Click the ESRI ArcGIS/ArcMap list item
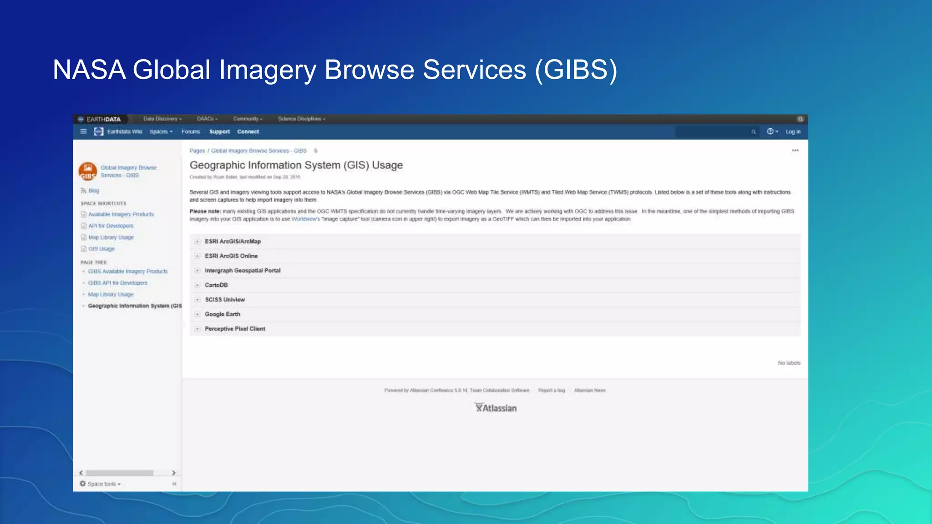233,242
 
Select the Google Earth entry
222,314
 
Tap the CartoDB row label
216,285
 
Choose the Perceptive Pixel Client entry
235,329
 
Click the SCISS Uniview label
225,300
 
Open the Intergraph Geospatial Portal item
243,271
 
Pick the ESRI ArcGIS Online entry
231,256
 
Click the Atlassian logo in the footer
496,408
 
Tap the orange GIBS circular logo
87,171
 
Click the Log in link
793,132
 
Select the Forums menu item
191,132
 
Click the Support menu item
219,132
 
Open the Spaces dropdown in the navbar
161,132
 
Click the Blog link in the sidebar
94,191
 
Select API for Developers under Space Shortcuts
111,226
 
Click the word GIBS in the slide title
576,71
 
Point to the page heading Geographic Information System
296,165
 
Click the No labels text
789,363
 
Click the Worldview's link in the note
305,219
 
